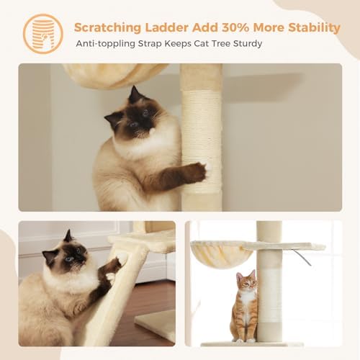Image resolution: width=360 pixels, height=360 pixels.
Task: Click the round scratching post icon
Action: click(x=43, y=34)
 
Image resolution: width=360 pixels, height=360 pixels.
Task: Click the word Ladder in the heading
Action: click(x=166, y=27)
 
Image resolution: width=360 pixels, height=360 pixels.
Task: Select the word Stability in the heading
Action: click(x=314, y=28)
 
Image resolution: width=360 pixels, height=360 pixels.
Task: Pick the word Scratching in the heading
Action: click(x=108, y=28)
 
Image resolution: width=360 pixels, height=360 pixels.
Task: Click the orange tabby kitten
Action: click(x=244, y=306)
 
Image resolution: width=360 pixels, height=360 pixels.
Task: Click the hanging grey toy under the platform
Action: click(x=302, y=257)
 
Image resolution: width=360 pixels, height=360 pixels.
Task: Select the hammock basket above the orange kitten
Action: click(x=221, y=253)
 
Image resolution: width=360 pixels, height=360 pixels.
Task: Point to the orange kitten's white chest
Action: click(x=247, y=298)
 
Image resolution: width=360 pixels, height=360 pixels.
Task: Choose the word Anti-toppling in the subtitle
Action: click(x=106, y=44)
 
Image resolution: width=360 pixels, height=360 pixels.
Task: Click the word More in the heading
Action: click(x=269, y=27)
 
